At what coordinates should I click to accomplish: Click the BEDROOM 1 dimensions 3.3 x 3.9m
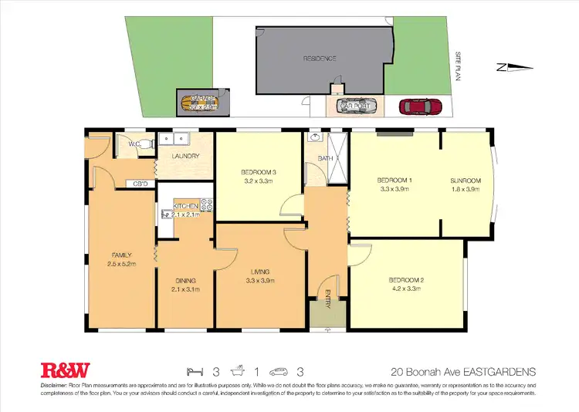[x=394, y=188]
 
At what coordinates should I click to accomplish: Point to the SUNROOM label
[x=465, y=180]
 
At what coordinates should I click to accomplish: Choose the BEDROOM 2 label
[x=407, y=280]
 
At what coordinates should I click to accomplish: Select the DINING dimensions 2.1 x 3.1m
[x=185, y=290]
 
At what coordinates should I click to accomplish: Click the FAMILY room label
[x=120, y=255]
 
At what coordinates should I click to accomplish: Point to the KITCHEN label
[x=185, y=206]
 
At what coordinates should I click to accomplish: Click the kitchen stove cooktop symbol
[x=207, y=205]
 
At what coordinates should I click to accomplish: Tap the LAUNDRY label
[x=186, y=156]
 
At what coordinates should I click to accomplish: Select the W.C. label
[x=134, y=144]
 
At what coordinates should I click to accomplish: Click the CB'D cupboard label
[x=141, y=184]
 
